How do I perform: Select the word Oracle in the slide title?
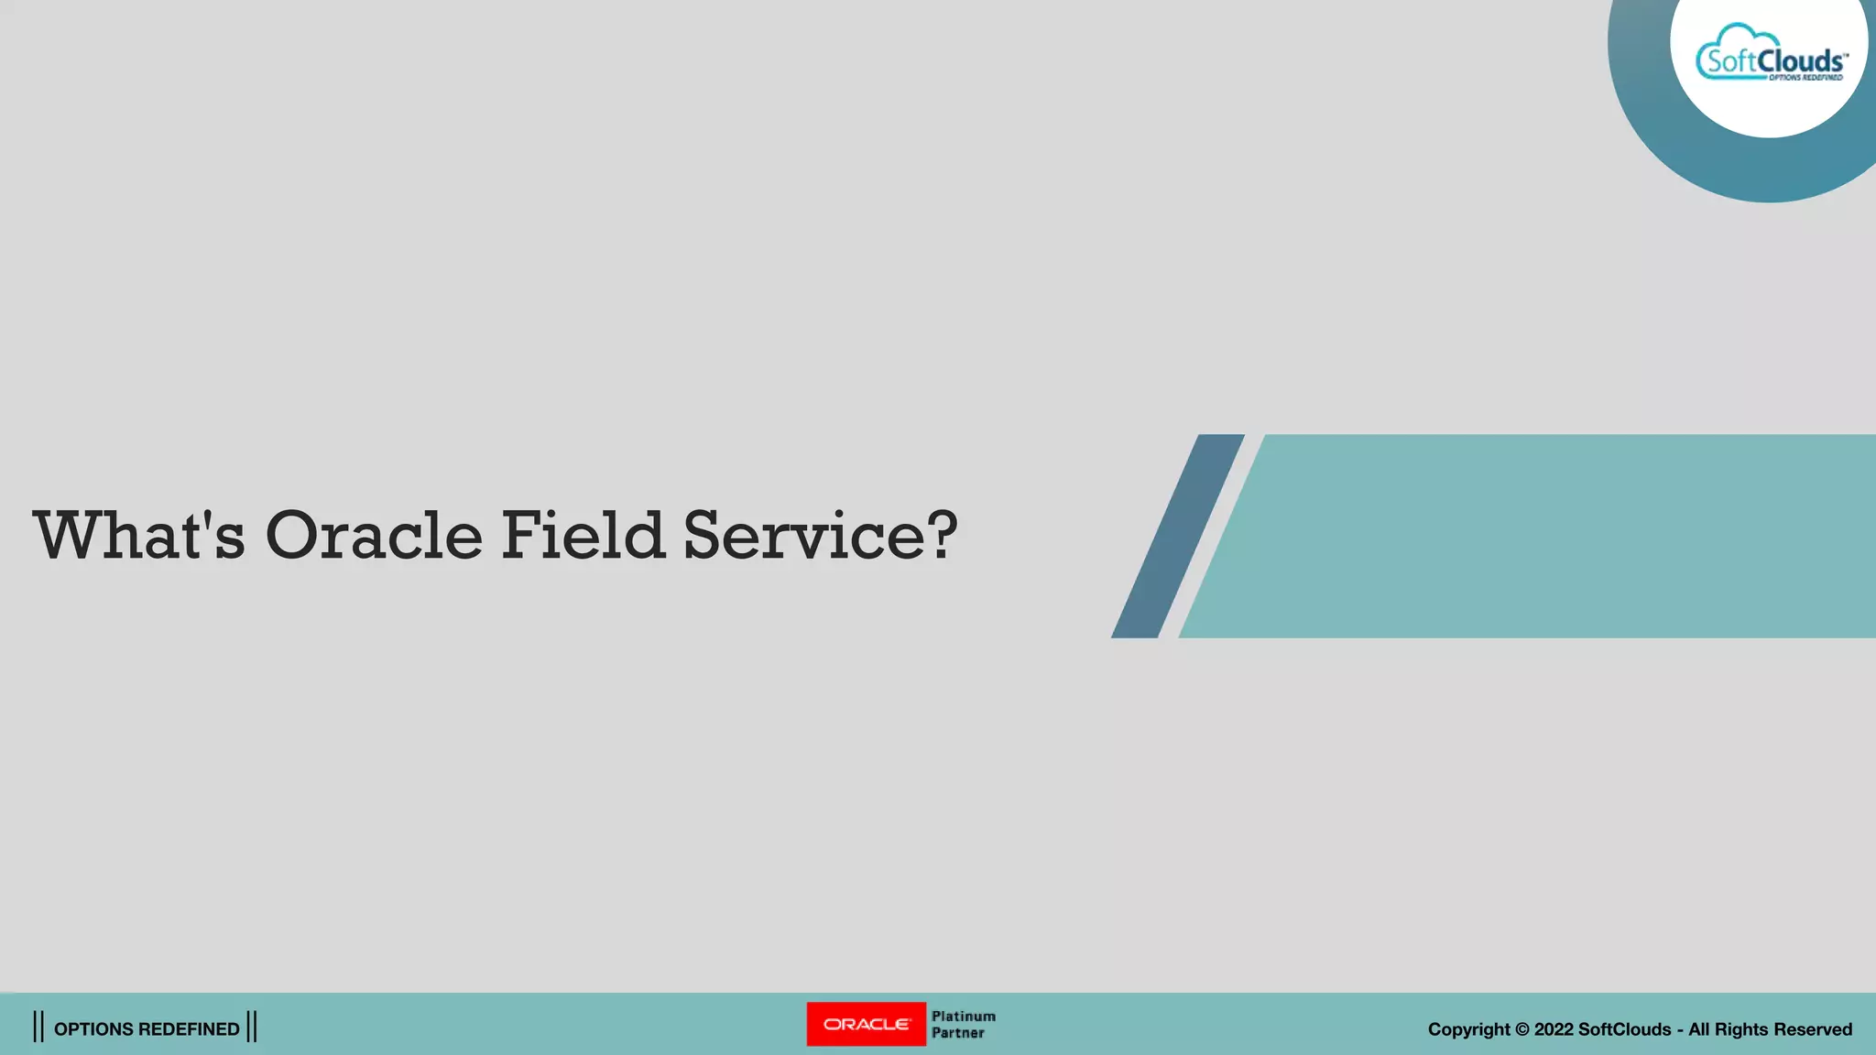point(373,535)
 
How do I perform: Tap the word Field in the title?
point(582,535)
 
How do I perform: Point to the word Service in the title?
point(803,535)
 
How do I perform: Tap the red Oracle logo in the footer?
point(866,1024)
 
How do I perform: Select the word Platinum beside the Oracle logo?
point(963,1016)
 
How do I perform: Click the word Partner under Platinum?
point(957,1033)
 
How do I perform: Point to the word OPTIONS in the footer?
point(94,1029)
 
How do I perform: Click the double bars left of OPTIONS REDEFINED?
point(38,1027)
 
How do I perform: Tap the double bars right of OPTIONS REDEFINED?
point(252,1027)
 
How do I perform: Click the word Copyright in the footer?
point(1468,1029)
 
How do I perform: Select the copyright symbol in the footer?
point(1522,1029)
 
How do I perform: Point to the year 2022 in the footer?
point(1554,1029)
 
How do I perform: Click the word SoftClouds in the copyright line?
point(1624,1029)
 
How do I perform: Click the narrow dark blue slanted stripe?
point(1178,536)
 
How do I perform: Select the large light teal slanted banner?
point(1539,536)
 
